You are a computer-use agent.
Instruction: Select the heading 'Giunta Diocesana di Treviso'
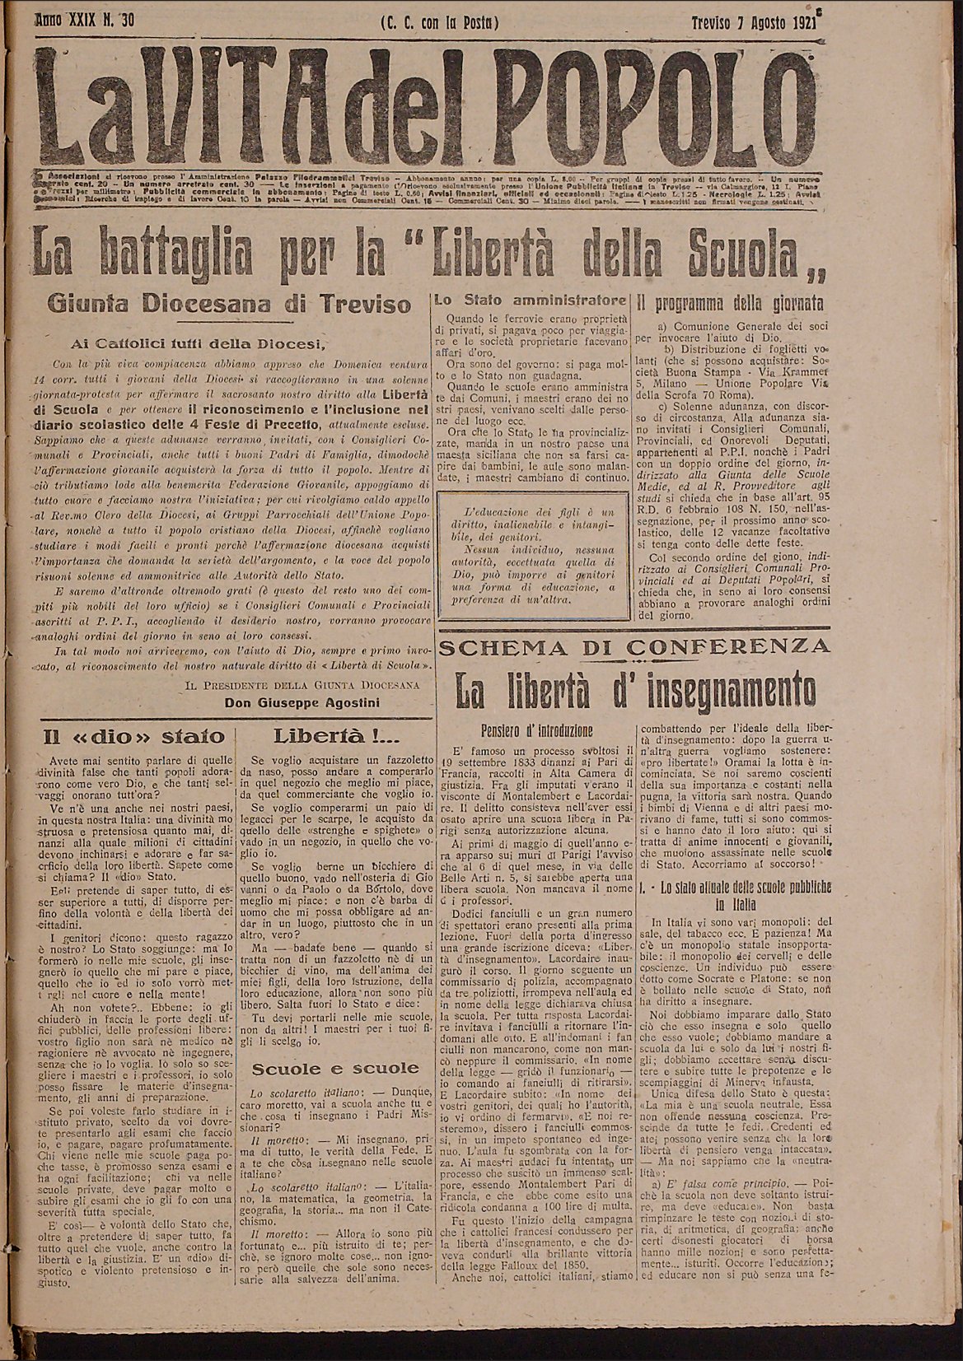pos(230,305)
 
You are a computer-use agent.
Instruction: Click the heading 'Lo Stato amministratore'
pos(531,301)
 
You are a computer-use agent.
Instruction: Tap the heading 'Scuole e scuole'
pos(335,1069)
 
